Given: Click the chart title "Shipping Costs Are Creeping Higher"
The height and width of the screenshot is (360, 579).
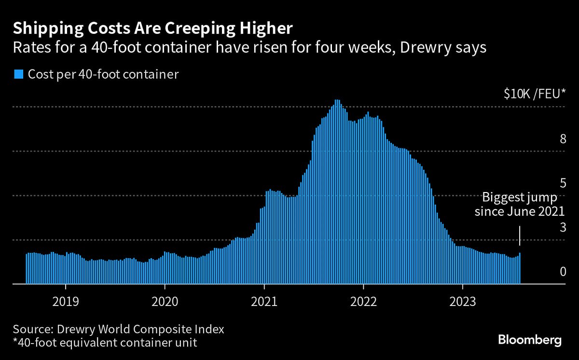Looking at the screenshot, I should point(152,28).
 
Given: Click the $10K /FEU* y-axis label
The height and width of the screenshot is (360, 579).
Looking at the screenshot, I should point(534,95).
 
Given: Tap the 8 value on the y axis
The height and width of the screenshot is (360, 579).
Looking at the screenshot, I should point(562,139).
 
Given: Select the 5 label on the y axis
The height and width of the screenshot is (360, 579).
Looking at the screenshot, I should point(562,183).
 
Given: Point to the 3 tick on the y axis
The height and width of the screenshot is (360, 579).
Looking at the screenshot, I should point(562,228).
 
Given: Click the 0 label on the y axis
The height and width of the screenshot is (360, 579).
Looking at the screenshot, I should point(562,272).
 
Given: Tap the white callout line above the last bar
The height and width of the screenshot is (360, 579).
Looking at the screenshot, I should point(520,236).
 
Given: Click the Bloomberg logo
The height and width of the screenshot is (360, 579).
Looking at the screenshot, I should point(530,340).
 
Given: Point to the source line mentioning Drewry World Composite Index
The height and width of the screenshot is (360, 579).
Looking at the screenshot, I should point(119,330).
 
